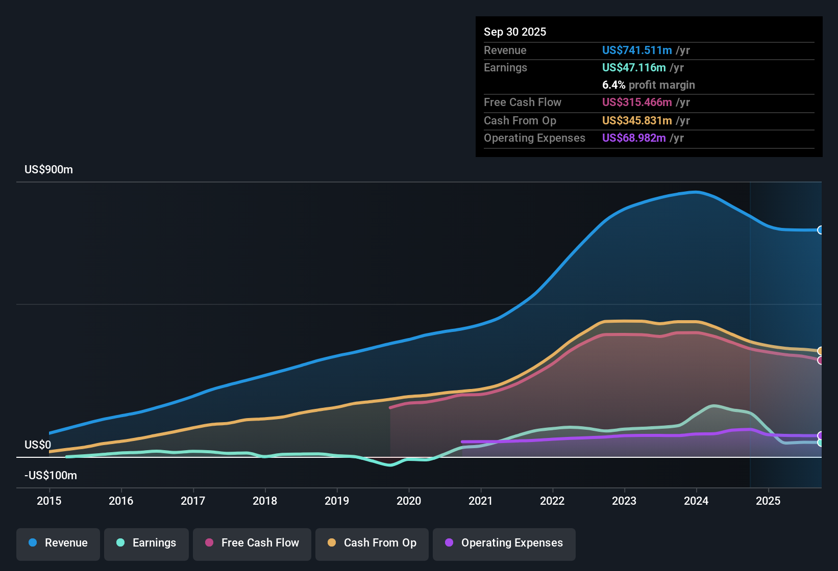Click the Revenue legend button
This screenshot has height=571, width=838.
coord(58,543)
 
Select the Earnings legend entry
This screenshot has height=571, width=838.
coord(146,543)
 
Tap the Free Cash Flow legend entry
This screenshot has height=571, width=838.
coord(252,543)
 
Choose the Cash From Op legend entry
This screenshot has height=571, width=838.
coord(372,543)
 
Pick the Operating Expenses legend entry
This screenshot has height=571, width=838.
coord(504,543)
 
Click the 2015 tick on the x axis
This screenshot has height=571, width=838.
coord(49,501)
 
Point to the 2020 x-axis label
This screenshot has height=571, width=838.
coord(409,501)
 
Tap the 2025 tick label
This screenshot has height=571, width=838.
coord(768,501)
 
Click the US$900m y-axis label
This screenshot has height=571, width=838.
coord(48,170)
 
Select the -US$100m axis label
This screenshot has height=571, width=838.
coord(51,476)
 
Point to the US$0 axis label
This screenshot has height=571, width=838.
coord(38,445)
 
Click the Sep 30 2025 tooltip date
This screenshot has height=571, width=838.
coord(515,32)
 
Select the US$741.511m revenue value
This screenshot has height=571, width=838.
coord(637,50)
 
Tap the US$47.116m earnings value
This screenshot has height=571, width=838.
coord(634,68)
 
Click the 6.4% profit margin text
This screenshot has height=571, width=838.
coord(648,85)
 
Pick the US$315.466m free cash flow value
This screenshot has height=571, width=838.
coord(637,102)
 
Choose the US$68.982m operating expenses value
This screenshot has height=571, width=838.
coord(634,138)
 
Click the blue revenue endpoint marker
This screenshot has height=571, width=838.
coord(821,230)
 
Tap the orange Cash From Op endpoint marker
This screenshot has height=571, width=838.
coord(821,351)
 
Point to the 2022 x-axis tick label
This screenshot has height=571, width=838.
coord(552,501)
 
